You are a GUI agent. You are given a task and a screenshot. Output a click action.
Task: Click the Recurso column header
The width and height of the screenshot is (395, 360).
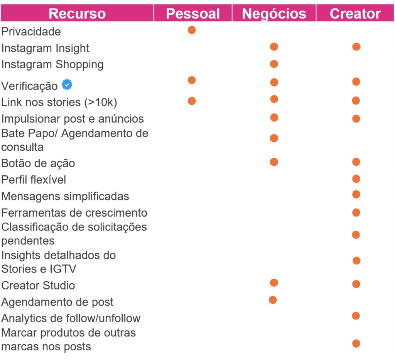(x=77, y=14)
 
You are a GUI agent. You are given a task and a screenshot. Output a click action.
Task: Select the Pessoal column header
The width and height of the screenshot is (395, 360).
(x=193, y=14)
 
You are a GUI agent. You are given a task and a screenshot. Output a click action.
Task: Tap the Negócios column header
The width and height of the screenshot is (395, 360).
(x=274, y=14)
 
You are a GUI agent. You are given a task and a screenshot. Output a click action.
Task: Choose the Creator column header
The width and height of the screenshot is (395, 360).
(x=355, y=14)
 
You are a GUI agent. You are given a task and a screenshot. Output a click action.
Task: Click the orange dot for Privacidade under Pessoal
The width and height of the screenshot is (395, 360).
(x=192, y=30)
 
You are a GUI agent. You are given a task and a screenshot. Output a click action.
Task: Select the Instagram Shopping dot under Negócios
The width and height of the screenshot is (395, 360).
(x=274, y=64)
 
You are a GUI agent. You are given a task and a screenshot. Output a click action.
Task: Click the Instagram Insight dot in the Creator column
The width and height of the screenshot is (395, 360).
(x=356, y=47)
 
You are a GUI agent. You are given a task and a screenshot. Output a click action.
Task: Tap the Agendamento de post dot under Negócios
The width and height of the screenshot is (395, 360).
(x=273, y=300)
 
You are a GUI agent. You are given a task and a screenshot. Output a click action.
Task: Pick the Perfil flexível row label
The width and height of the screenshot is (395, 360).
(x=34, y=180)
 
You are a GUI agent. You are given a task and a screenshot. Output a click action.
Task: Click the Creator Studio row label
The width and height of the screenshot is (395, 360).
(x=38, y=286)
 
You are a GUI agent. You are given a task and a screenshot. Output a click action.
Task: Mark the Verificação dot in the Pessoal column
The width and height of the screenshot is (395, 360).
(x=192, y=80)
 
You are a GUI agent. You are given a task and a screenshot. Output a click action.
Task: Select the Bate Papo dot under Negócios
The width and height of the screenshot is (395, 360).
(x=274, y=138)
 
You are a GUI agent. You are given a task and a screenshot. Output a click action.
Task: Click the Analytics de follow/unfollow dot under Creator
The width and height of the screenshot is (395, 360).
(x=356, y=316)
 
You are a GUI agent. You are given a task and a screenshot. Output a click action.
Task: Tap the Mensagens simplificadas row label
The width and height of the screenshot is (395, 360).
(x=65, y=196)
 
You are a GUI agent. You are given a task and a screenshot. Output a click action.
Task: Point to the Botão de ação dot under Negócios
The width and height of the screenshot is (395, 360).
(x=274, y=162)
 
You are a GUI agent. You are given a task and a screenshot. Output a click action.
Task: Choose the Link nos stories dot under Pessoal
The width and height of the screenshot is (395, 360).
(x=192, y=101)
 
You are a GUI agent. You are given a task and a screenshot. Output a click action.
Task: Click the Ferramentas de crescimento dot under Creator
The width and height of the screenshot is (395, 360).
(x=356, y=213)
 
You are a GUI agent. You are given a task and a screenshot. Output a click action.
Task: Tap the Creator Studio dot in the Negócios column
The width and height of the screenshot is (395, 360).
(x=274, y=283)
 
